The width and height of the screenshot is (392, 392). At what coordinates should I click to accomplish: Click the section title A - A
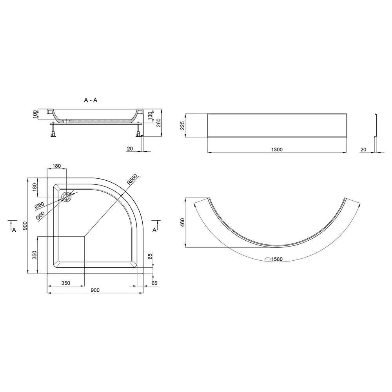(x=91, y=100)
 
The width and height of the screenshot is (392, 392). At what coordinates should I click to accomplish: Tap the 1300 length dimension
(x=277, y=149)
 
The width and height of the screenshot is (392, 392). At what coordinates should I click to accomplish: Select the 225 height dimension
(x=182, y=125)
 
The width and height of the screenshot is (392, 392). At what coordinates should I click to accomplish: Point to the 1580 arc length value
(x=277, y=259)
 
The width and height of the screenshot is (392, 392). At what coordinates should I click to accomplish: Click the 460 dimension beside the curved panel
(x=182, y=223)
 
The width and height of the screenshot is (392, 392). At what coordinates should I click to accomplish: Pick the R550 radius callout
(x=132, y=179)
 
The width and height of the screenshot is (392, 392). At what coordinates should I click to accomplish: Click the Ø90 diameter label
(x=40, y=205)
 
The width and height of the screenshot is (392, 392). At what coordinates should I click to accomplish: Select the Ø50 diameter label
(x=40, y=216)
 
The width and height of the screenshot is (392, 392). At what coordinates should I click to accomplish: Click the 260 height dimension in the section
(x=158, y=123)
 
